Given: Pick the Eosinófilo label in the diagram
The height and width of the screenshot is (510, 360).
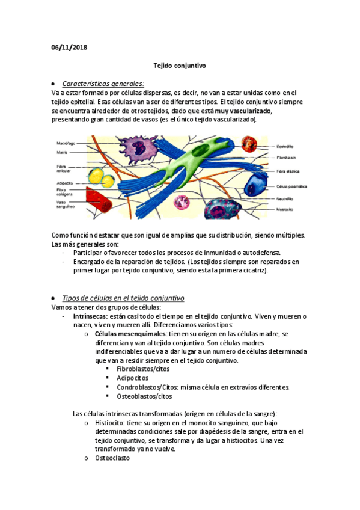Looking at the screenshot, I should click(285, 146).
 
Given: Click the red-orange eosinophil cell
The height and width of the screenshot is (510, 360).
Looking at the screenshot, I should click(249, 145).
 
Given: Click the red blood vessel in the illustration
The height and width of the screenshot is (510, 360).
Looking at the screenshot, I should click(100, 201).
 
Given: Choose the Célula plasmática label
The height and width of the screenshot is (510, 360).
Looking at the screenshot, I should click(291, 187).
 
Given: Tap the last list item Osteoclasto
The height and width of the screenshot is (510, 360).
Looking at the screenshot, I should click(112, 458).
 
